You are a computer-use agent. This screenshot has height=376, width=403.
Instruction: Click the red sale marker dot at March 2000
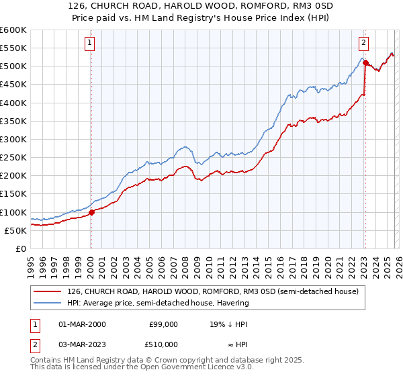tap(92, 212)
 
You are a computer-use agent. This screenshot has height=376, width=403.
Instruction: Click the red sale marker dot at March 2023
tap(365, 62)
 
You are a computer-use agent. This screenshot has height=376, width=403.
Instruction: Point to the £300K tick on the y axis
tap(13, 139)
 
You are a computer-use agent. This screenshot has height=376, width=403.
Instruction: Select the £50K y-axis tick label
tap(15, 230)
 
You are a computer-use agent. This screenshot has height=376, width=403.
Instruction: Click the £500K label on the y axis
tap(13, 66)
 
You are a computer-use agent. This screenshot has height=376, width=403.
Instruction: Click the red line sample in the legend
tap(48, 291)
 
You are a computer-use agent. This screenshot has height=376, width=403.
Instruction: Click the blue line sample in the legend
tap(48, 303)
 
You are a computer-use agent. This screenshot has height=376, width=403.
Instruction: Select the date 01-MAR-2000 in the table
tap(82, 324)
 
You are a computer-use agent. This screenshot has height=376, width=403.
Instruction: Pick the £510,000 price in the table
tap(163, 344)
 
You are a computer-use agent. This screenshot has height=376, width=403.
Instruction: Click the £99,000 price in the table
tap(163, 324)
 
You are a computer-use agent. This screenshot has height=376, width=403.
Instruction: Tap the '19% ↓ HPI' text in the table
tap(229, 324)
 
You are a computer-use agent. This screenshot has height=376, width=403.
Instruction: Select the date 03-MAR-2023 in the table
tap(82, 344)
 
